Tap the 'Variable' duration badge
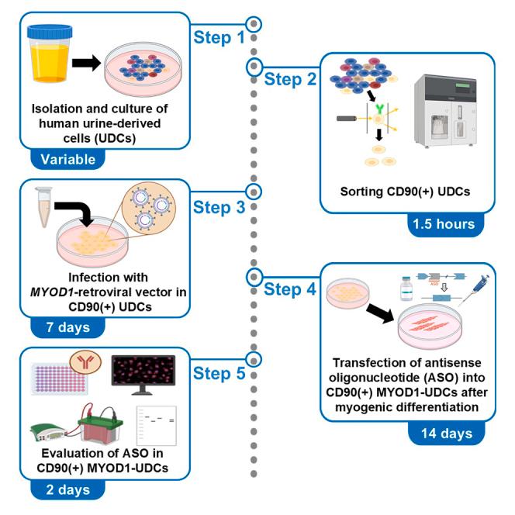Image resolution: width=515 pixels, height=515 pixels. pyautogui.click(x=67, y=159)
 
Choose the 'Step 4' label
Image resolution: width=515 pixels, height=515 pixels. pyautogui.click(x=295, y=289)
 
